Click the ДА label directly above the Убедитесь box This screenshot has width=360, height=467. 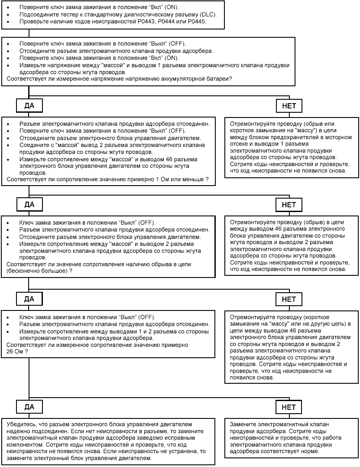[x=29, y=407]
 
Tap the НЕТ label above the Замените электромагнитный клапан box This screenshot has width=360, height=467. [x=289, y=407]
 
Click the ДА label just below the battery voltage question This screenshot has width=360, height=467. [x=29, y=105]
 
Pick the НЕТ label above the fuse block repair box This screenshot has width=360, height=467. [x=289, y=105]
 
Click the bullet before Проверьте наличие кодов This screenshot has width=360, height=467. [x=9, y=21]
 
